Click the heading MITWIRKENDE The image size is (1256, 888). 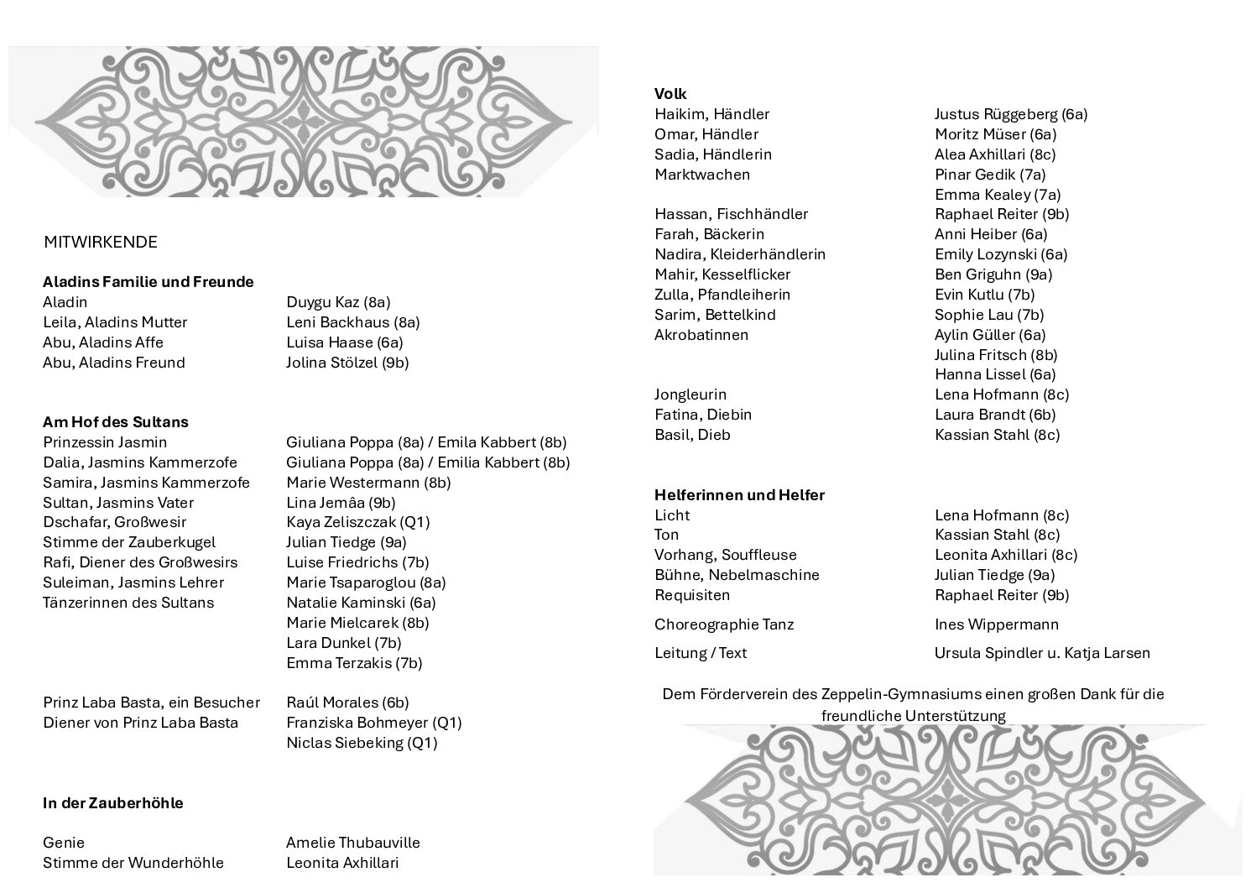101,243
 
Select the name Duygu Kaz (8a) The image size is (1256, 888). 338,302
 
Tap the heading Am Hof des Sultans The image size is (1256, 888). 116,422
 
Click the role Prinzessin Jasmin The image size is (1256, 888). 105,442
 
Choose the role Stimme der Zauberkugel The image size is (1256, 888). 129,542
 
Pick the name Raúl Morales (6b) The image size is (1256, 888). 347,703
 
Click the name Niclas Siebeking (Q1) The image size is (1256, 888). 362,743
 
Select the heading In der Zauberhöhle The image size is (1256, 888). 113,803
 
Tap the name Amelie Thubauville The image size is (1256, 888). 353,843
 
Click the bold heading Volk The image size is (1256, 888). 670,94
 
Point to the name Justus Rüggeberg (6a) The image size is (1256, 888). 1011,114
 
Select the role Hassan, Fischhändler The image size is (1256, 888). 731,214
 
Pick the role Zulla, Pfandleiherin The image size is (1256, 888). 722,295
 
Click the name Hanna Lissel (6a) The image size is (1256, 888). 995,374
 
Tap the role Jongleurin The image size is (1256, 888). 691,394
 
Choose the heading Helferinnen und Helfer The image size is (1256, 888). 739,495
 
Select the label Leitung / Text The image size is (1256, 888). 701,653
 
